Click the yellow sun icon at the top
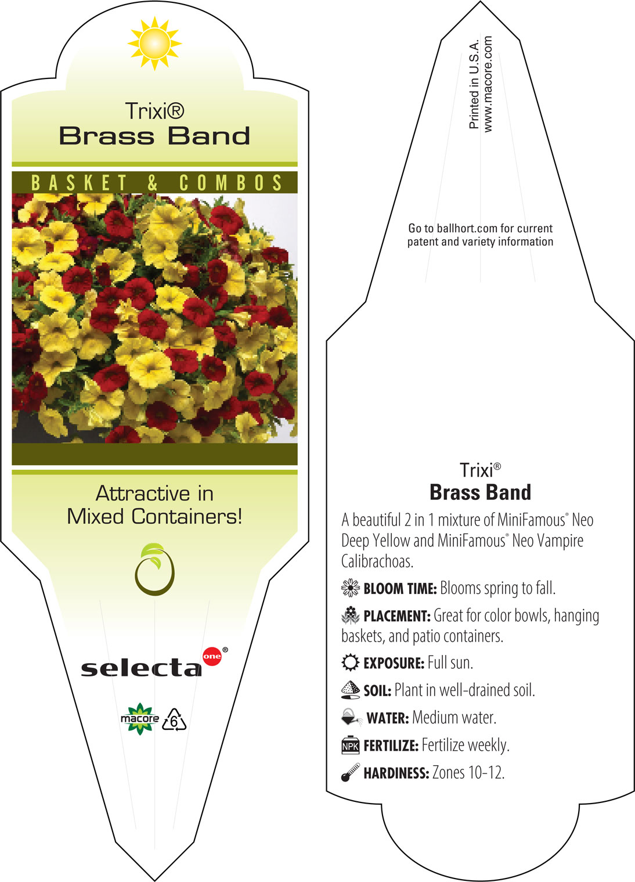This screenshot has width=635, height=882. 154,44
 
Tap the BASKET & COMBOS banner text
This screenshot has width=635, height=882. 156,183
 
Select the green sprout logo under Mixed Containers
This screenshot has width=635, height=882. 154,569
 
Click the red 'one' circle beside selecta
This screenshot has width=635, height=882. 212,656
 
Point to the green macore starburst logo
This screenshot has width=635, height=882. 140,719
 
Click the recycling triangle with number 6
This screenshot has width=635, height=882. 174,720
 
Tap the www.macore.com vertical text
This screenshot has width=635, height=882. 488,84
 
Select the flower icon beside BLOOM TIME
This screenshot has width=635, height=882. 351,588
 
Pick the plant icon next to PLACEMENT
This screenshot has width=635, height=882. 351,615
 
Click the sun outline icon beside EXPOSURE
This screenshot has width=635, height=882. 351,663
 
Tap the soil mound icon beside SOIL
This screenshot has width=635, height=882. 351,690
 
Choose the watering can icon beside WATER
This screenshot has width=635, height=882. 352,717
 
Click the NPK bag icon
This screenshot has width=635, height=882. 351,745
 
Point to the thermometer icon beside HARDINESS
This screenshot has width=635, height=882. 351,772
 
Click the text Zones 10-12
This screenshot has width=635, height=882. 468,772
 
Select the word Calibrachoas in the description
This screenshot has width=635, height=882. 377,561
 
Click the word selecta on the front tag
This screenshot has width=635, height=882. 141,667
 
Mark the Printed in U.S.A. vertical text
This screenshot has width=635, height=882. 474,84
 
